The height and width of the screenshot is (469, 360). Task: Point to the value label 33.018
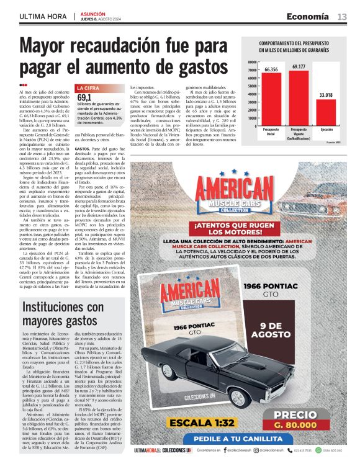click(326, 95)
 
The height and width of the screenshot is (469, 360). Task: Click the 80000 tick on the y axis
click(251, 62)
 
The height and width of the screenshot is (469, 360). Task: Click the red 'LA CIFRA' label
click(87, 89)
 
